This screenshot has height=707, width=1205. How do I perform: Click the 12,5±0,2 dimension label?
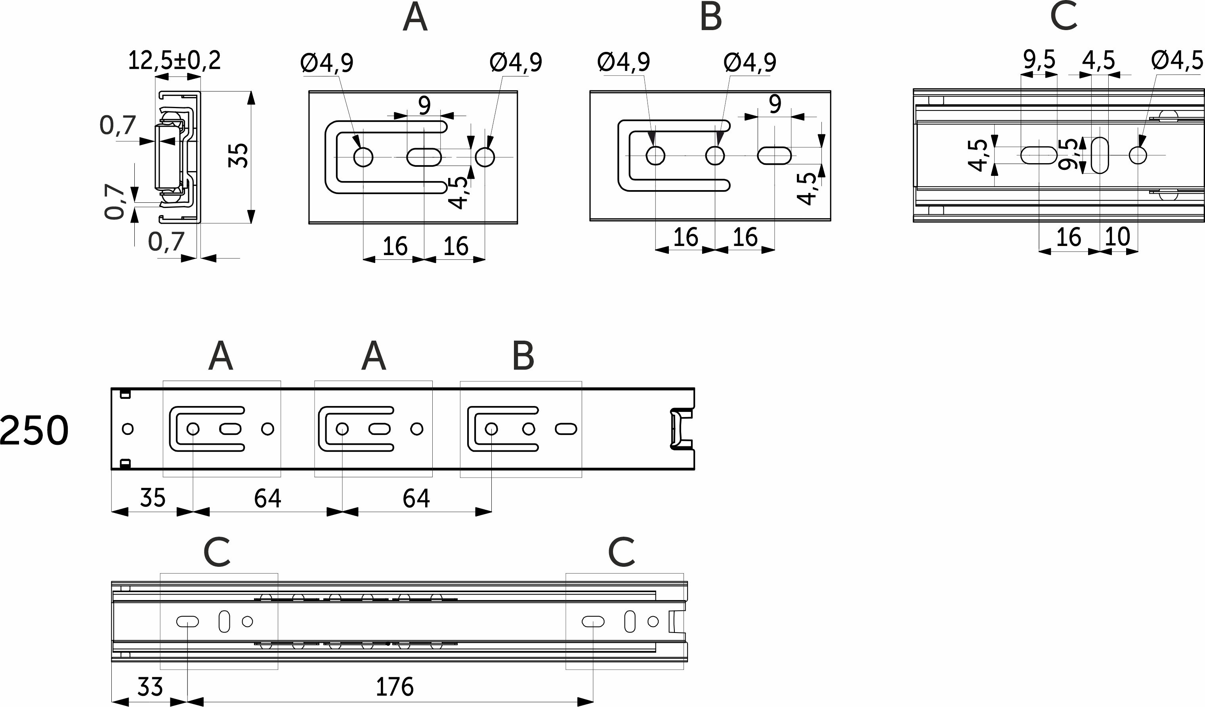[174, 61]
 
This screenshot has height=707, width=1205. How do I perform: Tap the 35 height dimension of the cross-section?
[239, 155]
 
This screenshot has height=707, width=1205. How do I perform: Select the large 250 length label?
[34, 431]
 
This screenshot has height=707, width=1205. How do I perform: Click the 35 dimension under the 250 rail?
[153, 498]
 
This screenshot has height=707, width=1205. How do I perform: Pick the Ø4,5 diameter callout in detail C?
[1177, 61]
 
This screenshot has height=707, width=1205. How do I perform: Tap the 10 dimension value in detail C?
[1117, 236]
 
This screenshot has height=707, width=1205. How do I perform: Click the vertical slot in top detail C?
[1100, 155]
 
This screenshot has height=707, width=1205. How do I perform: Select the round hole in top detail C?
[1138, 155]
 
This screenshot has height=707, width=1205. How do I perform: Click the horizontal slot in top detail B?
[774, 156]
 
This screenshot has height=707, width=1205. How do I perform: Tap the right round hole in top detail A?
[485, 157]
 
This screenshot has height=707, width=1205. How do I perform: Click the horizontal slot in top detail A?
[424, 157]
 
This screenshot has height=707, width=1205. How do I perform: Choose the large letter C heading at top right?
[1064, 16]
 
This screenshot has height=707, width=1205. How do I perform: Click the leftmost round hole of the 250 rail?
[128, 429]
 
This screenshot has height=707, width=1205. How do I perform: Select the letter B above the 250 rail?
[523, 356]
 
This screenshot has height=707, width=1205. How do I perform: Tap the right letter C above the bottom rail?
[621, 552]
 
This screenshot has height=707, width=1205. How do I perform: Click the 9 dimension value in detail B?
[775, 104]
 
